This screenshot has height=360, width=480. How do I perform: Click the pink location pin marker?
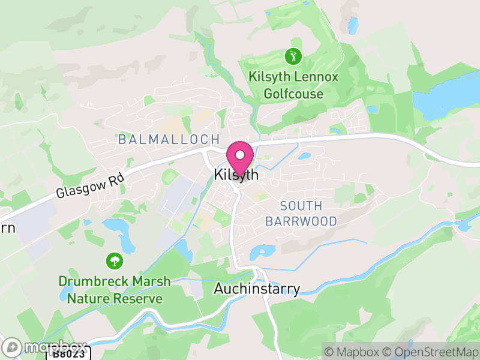coord(240,157)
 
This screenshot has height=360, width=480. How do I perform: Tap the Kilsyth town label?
coord(236,175)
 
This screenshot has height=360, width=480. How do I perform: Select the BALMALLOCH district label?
coord(169,140)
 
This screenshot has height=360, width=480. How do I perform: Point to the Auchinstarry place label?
coord(257,289)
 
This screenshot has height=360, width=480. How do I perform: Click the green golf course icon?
coord(293,57)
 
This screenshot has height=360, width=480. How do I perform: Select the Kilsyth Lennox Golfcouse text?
coord(293,85)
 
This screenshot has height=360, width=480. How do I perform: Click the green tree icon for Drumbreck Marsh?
coord(113,261)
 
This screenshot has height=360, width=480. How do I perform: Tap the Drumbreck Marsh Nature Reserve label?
coord(114,290)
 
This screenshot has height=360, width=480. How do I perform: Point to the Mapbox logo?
coord(46,347)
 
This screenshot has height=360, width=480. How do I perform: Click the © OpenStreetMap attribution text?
coord(430,352)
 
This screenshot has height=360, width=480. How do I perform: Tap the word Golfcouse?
coord(293,94)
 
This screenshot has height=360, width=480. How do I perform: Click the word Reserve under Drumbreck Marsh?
coord(140,298)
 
